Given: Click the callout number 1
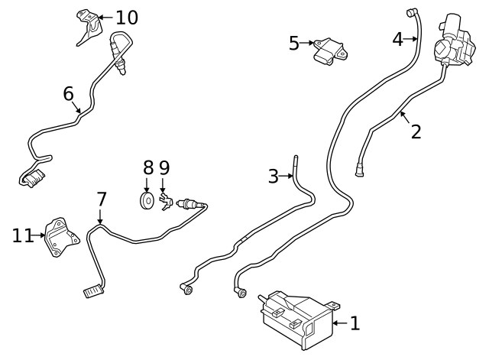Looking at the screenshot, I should click(x=355, y=323).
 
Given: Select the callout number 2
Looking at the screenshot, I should click(x=416, y=131).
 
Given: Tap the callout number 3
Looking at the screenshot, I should click(x=274, y=177).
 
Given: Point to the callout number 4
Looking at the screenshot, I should click(x=397, y=38).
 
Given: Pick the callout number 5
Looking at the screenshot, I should click(x=294, y=43).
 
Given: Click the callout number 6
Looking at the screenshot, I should click(x=68, y=93).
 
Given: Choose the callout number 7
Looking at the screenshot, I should click(x=101, y=199).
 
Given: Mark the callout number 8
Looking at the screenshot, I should click(x=148, y=167).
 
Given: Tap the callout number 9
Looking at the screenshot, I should click(x=164, y=167).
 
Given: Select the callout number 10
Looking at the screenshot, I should click(x=127, y=16).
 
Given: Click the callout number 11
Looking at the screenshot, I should click(x=22, y=235).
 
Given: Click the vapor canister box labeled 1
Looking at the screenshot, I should click(x=294, y=319).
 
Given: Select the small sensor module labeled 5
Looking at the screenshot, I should click(x=330, y=49).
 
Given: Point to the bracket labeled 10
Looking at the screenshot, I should click(x=89, y=28).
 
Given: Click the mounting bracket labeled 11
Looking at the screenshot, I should click(x=58, y=237).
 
